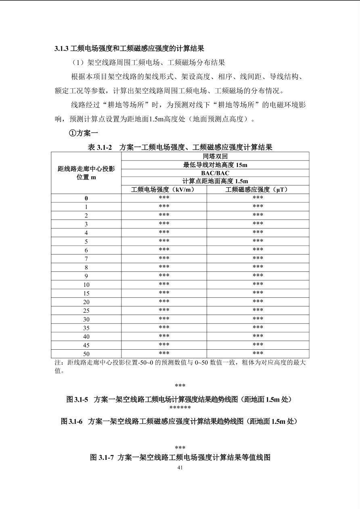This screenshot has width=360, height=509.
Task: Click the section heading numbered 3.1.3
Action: point(129,49)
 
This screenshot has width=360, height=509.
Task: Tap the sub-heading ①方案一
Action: point(84,133)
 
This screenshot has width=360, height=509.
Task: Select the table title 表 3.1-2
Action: point(180,147)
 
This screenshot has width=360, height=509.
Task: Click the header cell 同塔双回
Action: point(215,156)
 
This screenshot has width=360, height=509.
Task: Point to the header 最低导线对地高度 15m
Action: point(215,165)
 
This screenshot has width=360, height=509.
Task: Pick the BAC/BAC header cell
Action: point(215,173)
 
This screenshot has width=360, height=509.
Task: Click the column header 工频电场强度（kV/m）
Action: point(164,190)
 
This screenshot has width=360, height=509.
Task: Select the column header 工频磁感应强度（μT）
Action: point(257,190)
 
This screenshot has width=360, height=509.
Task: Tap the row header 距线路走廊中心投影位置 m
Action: point(86,173)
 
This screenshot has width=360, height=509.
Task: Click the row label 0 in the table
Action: point(86,198)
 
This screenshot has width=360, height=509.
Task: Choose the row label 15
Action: point(86,293)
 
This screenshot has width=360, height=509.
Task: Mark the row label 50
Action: point(86,354)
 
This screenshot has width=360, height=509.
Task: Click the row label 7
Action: point(86,259)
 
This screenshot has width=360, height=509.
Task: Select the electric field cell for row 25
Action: point(164,310)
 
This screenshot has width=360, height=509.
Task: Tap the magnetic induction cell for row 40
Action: point(257,336)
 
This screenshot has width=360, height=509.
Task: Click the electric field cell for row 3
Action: point(164,224)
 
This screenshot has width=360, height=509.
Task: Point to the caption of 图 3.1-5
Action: point(179,399)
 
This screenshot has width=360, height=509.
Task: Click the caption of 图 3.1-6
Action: point(179,421)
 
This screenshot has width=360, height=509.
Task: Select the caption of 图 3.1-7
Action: point(180,457)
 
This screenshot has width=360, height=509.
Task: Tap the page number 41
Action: point(180,468)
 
